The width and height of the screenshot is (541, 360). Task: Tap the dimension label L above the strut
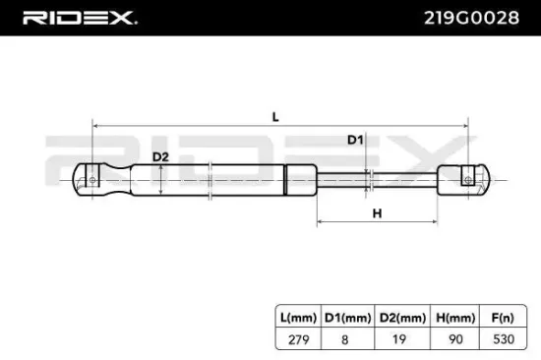tap(276, 116)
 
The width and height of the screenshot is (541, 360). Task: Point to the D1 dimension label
tap(355, 141)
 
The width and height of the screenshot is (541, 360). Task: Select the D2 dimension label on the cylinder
tap(160, 156)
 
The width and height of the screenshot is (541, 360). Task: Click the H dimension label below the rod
tap(377, 212)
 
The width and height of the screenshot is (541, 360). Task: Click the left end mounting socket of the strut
tap(91, 181)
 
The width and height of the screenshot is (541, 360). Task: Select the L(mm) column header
tap(295, 318)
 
